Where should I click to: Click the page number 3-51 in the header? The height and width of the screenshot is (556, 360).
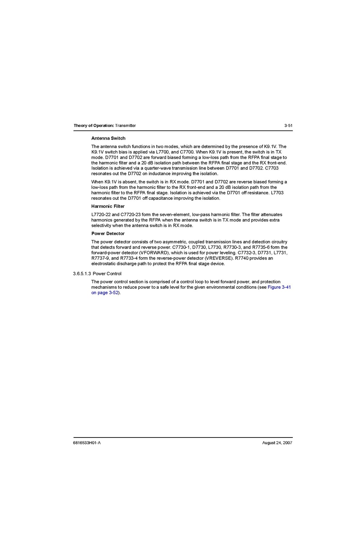click(288, 125)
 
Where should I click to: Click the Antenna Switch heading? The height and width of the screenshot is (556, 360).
click(108, 138)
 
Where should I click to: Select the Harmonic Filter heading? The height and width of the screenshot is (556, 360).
click(108, 206)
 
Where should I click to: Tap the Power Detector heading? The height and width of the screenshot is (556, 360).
click(108, 234)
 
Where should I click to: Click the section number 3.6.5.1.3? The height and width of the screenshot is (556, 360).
click(82, 274)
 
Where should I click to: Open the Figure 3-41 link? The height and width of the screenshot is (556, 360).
click(279, 288)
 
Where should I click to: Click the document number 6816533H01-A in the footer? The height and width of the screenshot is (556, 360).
click(87, 443)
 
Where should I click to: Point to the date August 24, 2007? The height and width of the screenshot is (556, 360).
click(277, 443)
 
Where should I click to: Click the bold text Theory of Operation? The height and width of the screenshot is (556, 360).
click(94, 125)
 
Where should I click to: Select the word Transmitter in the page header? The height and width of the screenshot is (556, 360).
click(126, 125)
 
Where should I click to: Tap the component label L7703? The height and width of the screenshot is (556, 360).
click(277, 193)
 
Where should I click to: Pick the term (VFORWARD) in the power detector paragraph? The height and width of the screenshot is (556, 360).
click(154, 253)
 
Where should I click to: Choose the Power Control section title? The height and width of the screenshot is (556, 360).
click(107, 274)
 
